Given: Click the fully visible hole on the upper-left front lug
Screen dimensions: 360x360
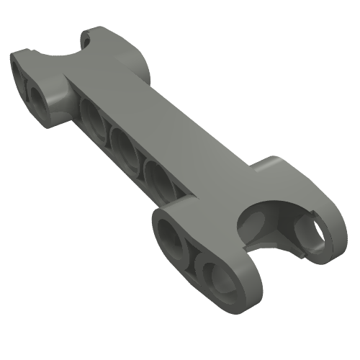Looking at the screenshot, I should [x=39, y=97].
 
